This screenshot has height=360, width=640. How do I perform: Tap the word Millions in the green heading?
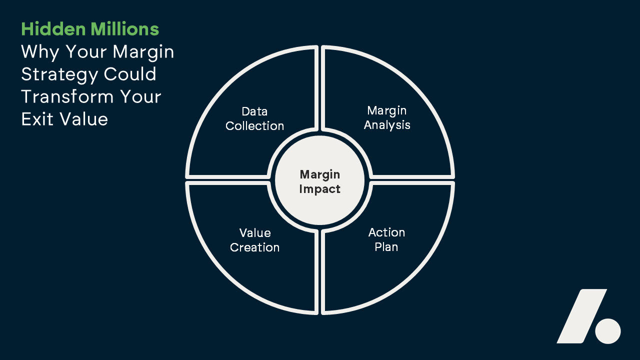[125, 29]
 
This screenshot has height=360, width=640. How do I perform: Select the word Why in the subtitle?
[35, 52]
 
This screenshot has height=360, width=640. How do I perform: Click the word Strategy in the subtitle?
[59, 74]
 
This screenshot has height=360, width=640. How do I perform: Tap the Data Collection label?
[254, 118]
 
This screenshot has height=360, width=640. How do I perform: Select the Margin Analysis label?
[387, 117]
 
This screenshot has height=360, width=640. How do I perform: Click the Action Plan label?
[386, 239]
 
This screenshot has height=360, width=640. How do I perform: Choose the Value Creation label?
[254, 240]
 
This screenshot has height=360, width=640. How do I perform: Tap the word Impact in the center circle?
[320, 189]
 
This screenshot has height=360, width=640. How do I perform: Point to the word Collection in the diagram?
[254, 126]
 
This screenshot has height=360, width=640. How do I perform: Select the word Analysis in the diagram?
[387, 125]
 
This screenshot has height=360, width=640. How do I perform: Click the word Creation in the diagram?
[254, 247]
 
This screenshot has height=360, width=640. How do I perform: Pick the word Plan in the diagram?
[386, 247]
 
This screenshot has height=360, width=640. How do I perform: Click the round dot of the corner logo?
[608, 331]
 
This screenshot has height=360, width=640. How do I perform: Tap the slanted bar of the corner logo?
[582, 316]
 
